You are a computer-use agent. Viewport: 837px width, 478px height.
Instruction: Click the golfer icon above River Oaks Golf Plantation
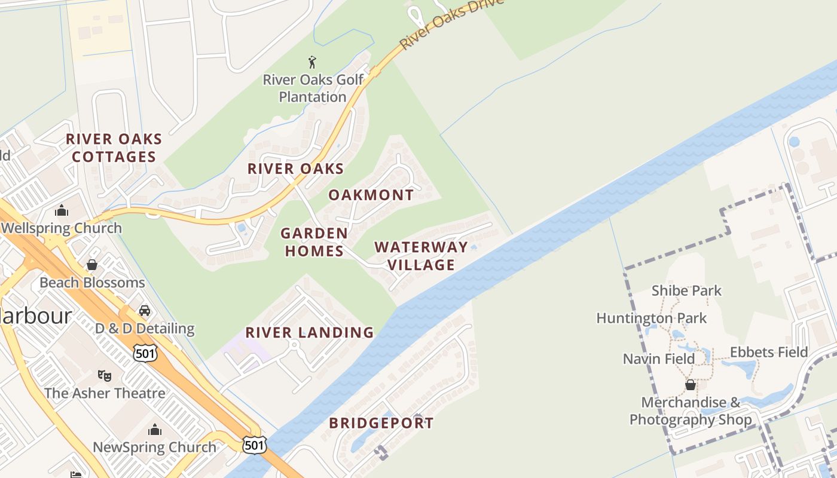[311, 62]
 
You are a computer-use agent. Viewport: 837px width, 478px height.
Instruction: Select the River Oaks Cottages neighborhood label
[113, 148]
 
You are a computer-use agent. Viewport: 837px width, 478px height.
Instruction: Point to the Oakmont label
[371, 195]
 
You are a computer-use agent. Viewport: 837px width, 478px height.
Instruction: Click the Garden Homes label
[314, 241]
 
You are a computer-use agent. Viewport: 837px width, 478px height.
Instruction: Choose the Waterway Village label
[421, 255]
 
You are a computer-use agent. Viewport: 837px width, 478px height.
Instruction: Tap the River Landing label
[309, 332]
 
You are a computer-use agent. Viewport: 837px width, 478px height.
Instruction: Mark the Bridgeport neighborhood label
[381, 423]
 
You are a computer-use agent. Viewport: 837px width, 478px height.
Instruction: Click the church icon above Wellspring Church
[61, 210]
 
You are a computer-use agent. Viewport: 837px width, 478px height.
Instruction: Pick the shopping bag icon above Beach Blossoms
[92, 264]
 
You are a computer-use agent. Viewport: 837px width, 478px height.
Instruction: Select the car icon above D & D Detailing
[144, 310]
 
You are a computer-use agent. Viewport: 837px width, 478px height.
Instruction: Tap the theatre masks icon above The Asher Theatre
[105, 375]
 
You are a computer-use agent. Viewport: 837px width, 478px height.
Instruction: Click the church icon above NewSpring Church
[154, 429]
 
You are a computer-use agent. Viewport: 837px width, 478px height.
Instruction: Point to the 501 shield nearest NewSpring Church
[254, 444]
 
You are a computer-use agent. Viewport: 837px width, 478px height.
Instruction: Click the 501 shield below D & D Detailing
[145, 353]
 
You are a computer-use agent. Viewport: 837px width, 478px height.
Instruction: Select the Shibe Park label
[686, 291]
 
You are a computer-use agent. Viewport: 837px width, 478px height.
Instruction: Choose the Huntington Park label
[651, 318]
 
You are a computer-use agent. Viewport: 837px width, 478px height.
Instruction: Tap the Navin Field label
[658, 358]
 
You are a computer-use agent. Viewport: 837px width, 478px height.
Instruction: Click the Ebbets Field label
[769, 352]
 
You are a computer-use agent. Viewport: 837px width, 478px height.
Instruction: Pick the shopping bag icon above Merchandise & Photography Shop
[690, 384]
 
